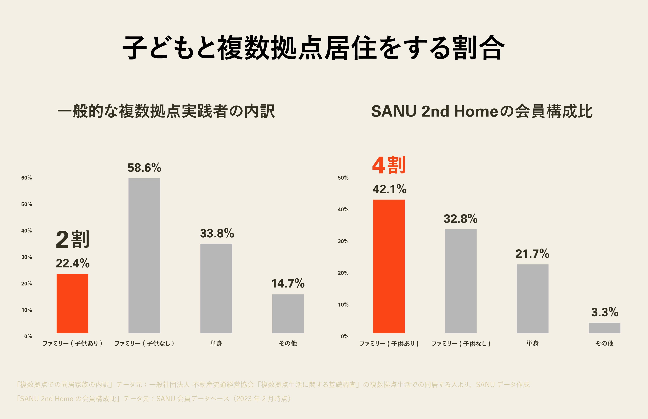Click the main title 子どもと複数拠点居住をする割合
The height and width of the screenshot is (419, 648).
(x=313, y=48)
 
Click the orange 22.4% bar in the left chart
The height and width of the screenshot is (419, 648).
(x=72, y=303)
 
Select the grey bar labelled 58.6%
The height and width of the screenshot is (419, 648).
(x=144, y=256)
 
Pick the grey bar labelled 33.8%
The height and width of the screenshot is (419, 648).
(x=216, y=288)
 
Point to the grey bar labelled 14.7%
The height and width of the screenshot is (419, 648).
(x=288, y=314)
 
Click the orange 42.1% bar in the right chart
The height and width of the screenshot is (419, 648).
(x=389, y=267)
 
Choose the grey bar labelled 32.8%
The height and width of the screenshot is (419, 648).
(x=461, y=281)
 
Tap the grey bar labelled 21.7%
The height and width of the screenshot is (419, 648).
(x=532, y=299)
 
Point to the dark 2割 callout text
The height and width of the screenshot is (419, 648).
(x=72, y=239)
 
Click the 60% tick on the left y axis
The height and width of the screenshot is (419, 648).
(x=27, y=178)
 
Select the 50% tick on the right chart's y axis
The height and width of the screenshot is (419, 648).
(x=343, y=178)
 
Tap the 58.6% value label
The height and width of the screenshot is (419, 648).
(x=144, y=168)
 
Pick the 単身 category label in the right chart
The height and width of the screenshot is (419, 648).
(x=532, y=343)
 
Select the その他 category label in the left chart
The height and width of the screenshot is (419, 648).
(x=288, y=343)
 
